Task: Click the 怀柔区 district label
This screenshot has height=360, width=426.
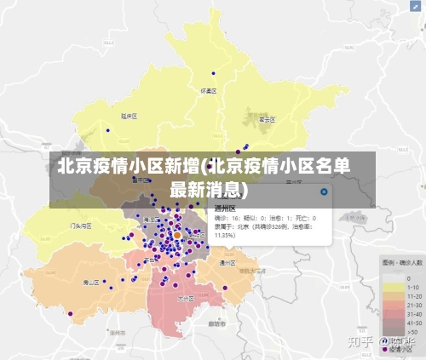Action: [208, 89]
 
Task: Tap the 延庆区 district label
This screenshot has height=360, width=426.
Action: [129, 115]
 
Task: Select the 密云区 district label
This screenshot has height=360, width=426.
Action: [266, 120]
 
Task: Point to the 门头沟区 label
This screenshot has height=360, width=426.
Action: [81, 226]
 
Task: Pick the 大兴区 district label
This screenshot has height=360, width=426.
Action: [185, 299]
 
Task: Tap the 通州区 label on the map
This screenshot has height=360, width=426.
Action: [227, 262]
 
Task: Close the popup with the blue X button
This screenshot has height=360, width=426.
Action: [324, 192]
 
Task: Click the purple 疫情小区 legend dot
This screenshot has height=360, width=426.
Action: [386, 349]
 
